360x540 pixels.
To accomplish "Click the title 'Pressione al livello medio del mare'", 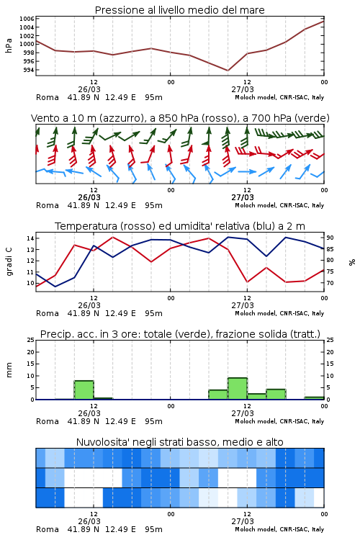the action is point(179,10).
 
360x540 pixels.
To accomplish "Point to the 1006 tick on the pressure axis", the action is point(27,19).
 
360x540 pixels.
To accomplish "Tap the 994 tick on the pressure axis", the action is point(29,70).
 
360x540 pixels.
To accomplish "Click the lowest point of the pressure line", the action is point(228,71).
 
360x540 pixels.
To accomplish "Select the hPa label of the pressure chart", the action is point(9,45).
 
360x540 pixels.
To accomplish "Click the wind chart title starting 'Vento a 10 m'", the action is point(180,118).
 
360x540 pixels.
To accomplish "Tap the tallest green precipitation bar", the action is point(238,389).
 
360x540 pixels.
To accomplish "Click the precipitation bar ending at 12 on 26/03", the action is point(84,390).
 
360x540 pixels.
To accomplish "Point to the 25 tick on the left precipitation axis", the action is point(31,340).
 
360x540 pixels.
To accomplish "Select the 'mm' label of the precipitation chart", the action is point(9,370).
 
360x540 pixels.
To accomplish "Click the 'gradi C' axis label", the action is point(9,261).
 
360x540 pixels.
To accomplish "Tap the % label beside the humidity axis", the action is point(352,262).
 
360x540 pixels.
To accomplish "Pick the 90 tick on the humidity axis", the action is point(330,238).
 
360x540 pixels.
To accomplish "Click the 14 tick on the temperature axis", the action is point(30,238).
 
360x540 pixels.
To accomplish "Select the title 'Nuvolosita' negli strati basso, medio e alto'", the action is point(180,442).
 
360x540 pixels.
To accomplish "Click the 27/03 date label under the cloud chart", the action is point(243,521).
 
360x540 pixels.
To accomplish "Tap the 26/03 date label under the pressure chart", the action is point(89,89).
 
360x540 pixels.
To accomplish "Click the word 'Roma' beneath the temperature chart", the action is point(48,313).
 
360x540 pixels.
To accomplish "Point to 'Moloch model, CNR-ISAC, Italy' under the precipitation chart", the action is point(279,421).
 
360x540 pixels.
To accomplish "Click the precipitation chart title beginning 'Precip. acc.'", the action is point(180,334).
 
